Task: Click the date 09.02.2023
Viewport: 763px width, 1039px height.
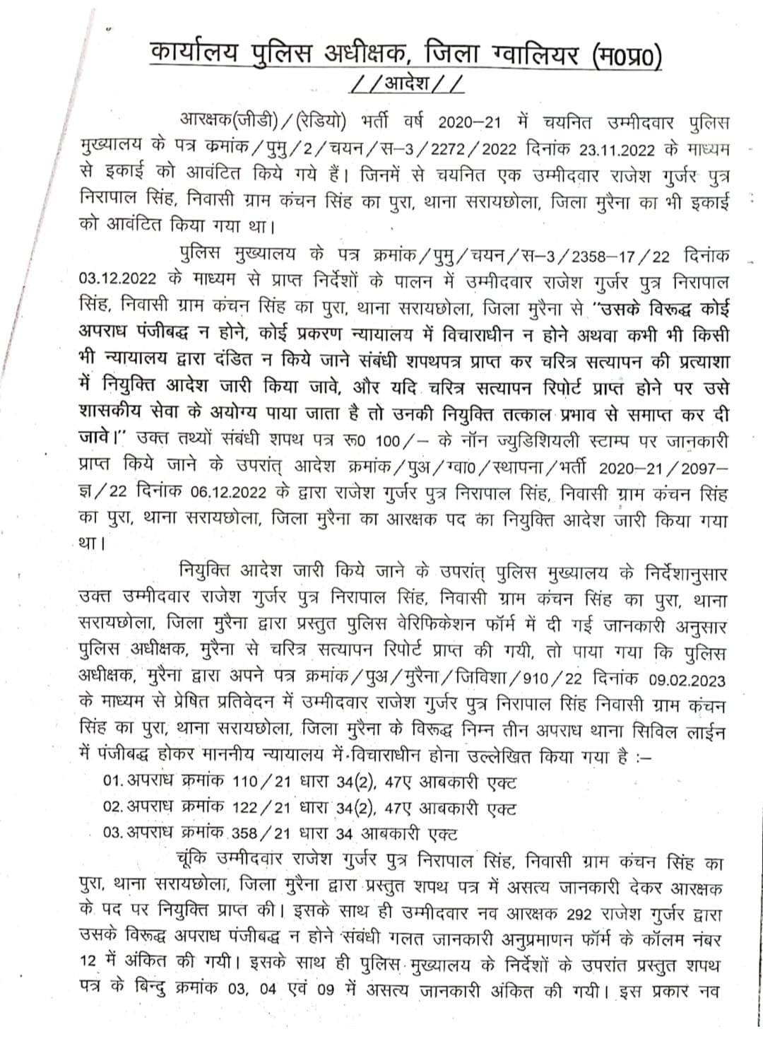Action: (x=687, y=680)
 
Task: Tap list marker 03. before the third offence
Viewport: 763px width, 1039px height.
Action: (x=113, y=833)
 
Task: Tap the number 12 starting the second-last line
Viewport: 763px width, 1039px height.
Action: (x=89, y=965)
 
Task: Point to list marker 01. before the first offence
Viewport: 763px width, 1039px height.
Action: (x=113, y=782)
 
